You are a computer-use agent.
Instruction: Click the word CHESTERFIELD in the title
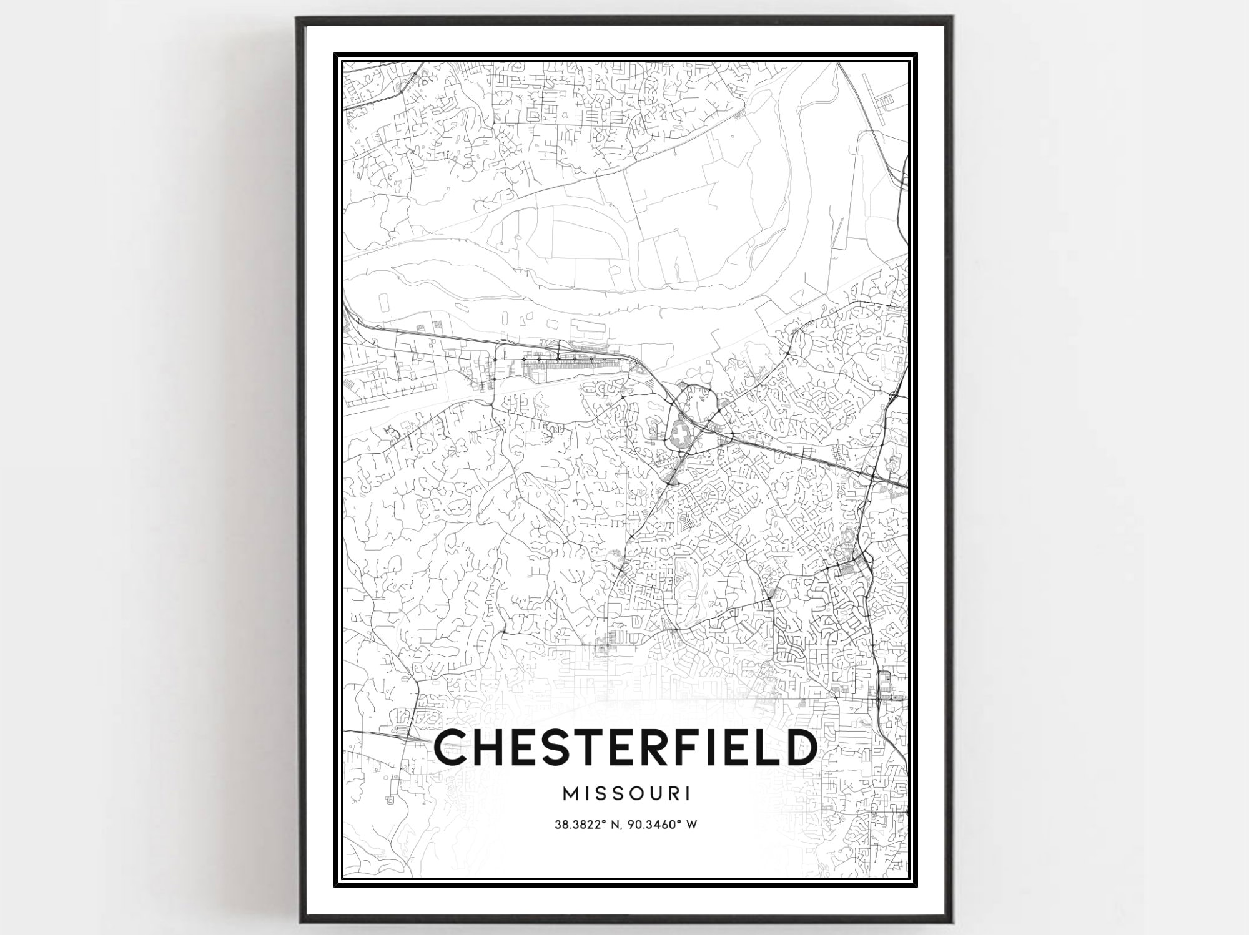coord(624,747)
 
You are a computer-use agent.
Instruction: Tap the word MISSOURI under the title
coord(626,794)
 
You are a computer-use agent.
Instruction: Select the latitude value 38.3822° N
coord(590,825)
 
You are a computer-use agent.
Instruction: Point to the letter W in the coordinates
coord(691,825)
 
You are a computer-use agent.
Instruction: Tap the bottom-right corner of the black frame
coord(950,921)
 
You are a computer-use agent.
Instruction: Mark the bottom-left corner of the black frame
coord(299,921)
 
